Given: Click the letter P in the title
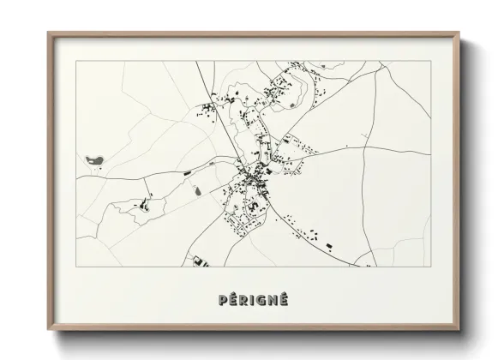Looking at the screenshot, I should (x=224, y=300).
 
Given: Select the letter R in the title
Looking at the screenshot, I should (x=244, y=300).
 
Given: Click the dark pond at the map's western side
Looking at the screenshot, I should (x=93, y=159).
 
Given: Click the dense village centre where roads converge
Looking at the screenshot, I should (x=252, y=176).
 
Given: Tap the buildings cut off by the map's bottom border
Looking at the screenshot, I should (x=199, y=261).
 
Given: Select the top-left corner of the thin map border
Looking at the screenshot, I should (x=76, y=61).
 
